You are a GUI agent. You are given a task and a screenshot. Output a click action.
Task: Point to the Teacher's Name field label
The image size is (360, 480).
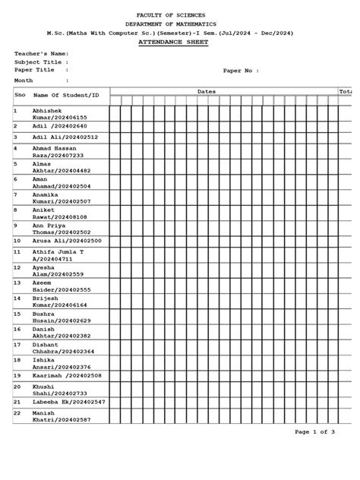pos(42,54)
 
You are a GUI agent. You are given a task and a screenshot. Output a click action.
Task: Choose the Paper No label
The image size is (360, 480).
pos(241,71)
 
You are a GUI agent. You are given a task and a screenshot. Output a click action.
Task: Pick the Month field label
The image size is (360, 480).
pos(24,80)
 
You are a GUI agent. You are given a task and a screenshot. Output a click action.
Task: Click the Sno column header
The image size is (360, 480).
pos(21,95)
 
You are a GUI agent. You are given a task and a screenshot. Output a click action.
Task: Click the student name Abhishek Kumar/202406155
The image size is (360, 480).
pos(59,114)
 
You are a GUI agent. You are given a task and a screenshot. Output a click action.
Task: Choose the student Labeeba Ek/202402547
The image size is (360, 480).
pos(68,401)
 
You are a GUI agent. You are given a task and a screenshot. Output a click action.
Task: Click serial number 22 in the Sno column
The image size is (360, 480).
pos(17,412)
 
